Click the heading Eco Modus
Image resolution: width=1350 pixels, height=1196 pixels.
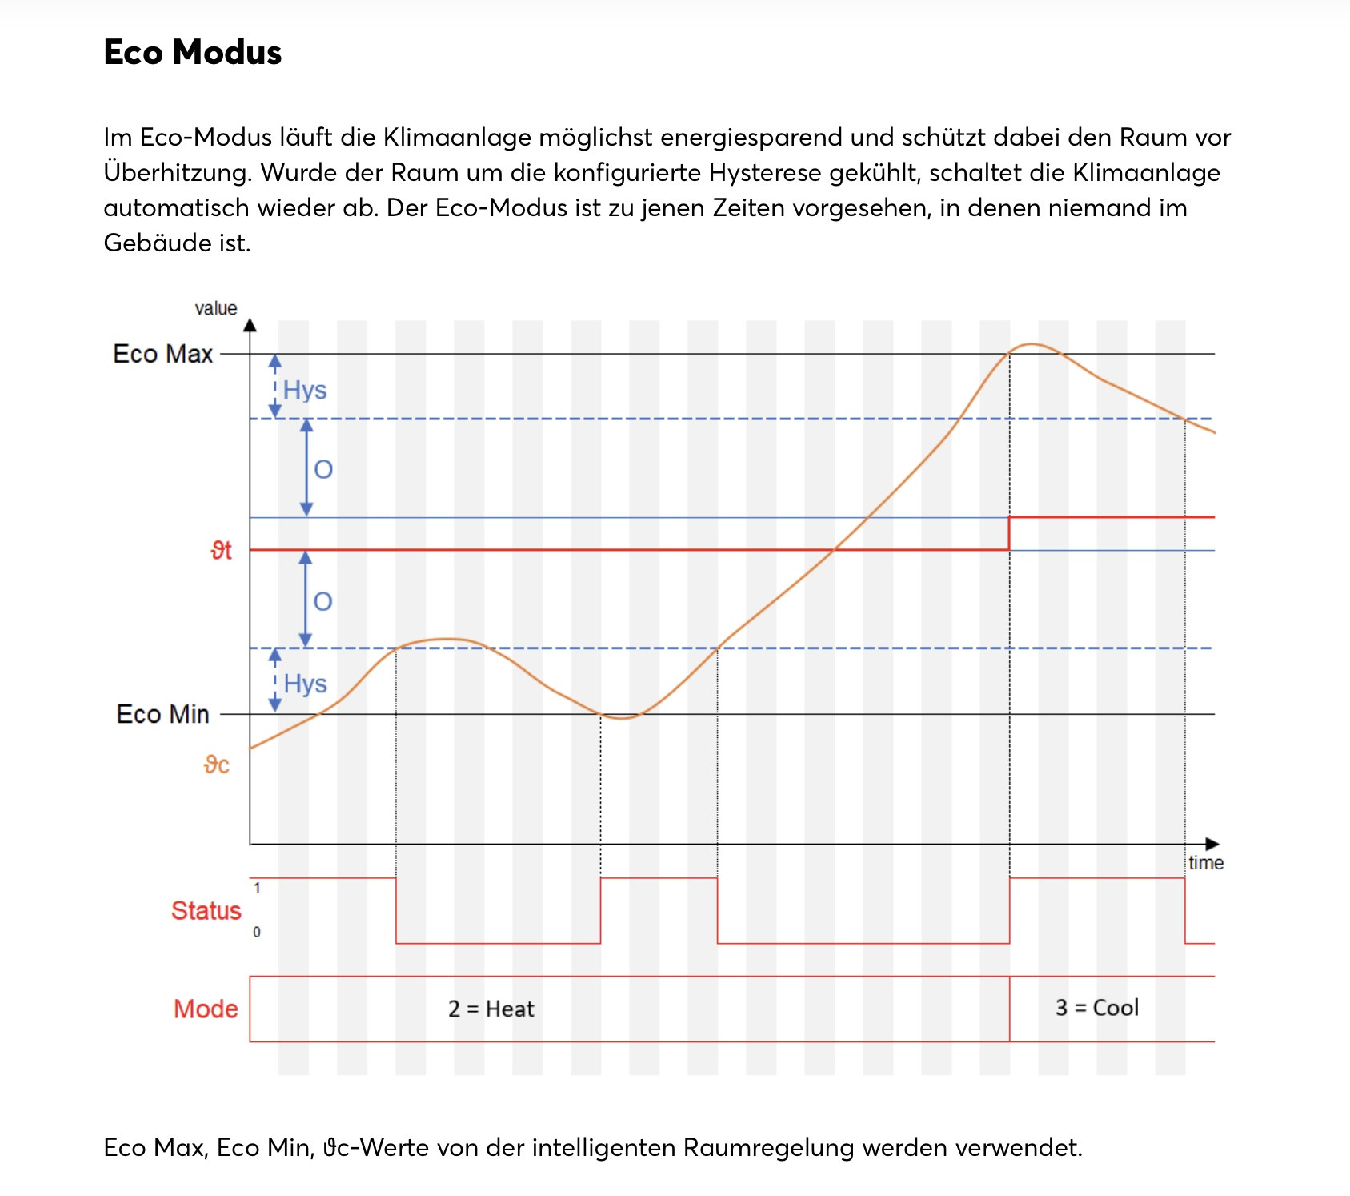pos(193,53)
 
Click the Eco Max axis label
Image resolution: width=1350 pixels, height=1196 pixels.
pos(163,354)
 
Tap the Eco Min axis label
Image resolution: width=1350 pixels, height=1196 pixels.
pos(163,714)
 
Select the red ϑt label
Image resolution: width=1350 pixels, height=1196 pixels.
pos(221,551)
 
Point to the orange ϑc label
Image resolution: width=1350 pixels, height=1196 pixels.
pos(216,765)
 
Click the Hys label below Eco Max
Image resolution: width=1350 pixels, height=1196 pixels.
pos(305,391)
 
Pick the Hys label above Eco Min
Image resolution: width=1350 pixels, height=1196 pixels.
pos(305,684)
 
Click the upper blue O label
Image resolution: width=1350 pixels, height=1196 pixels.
pos(323,469)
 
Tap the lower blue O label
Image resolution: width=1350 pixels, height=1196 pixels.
pos(322,601)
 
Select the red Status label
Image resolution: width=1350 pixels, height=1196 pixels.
pos(206,911)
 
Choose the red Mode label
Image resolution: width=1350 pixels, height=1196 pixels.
pos(206,1009)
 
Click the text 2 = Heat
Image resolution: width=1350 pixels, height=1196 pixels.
pos(491,1009)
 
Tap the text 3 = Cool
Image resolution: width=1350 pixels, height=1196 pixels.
pos(1096,1008)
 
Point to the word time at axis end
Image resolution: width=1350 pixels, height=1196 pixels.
pos(1206,863)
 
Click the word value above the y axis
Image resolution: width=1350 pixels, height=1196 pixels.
pos(216,308)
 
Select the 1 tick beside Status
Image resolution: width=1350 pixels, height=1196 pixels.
pos(257,888)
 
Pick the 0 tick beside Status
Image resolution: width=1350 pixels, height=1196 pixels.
pos(257,933)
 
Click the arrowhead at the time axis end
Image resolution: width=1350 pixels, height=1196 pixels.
pos(1212,844)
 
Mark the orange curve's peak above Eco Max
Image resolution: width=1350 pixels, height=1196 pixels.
pos(1032,344)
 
